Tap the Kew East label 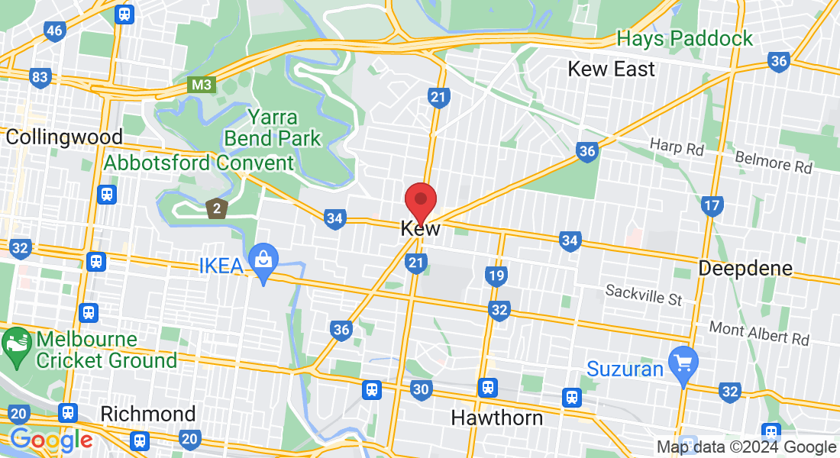(611, 69)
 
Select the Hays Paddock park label (684, 38)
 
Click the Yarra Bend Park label (273, 128)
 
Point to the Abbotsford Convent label (199, 163)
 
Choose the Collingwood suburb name (63, 137)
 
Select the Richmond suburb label (148, 414)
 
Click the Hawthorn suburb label (496, 418)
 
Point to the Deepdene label (745, 269)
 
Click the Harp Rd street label (677, 147)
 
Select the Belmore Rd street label (774, 161)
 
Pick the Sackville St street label (643, 295)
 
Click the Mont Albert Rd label (758, 333)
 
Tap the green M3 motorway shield (202, 85)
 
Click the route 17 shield (712, 205)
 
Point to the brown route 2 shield (218, 207)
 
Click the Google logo (51, 440)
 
